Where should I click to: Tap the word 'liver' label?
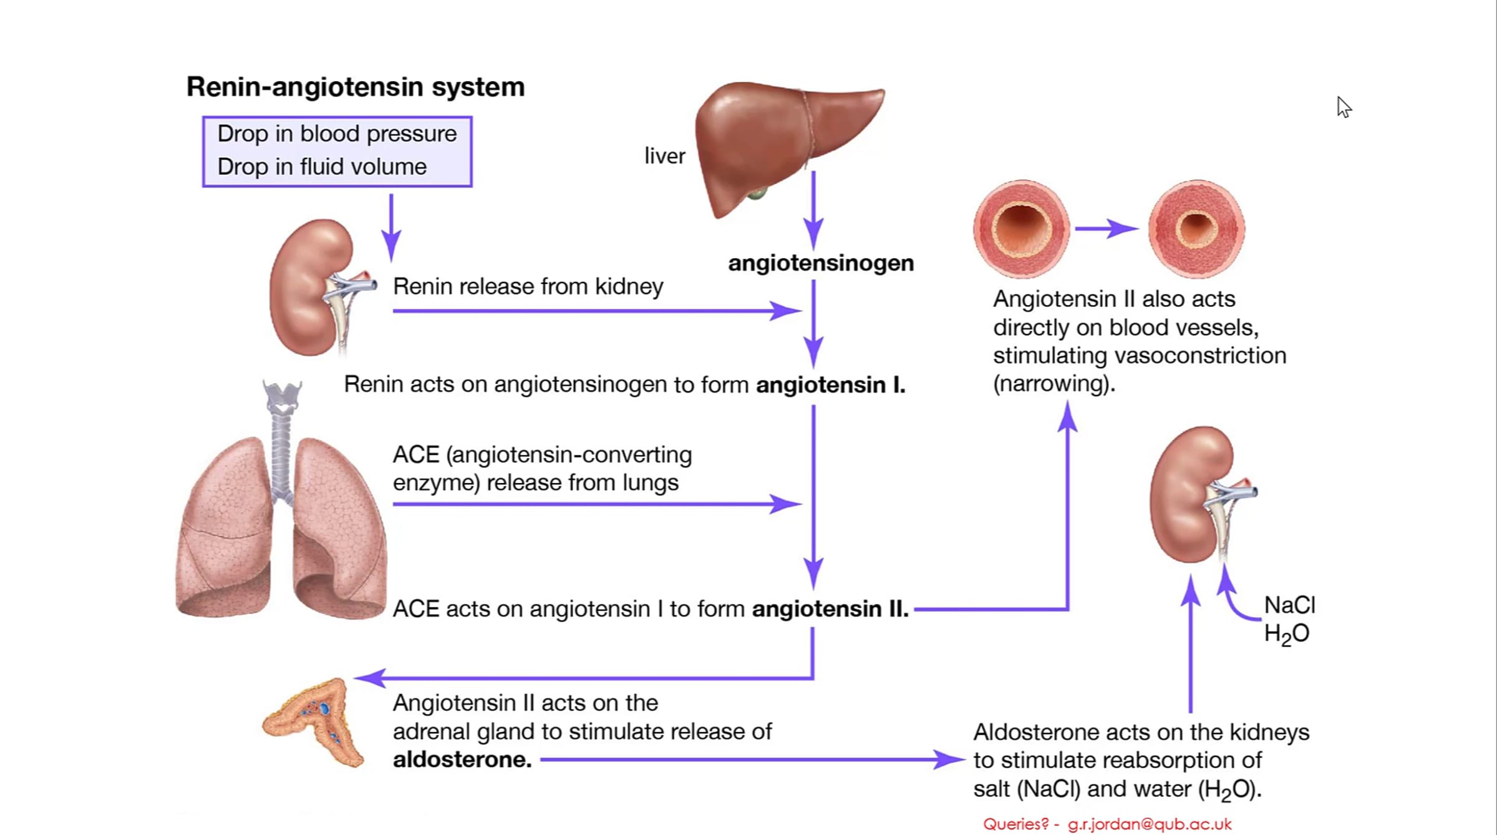664,156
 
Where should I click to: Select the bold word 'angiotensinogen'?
821,263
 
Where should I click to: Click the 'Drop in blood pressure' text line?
337,134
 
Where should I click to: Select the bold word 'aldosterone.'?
462,760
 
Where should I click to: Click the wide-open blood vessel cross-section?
1021,228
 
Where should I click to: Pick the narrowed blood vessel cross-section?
1196,228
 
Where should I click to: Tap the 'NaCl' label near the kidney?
1289,605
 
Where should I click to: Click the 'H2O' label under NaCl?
1286,634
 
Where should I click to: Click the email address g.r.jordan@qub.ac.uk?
1150,824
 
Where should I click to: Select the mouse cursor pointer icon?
1344,107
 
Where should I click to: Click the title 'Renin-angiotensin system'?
356,87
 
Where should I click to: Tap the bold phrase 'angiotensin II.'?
830,609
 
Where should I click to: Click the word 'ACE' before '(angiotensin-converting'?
416,455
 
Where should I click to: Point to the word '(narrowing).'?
1054,384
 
